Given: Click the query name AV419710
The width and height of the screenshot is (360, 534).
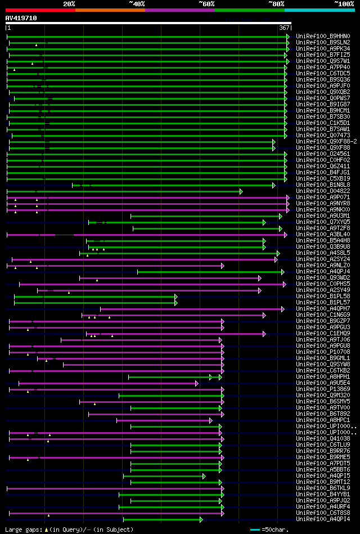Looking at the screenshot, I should pyautogui.click(x=21, y=18).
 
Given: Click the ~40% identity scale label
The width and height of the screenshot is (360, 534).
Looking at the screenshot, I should pyautogui.click(x=137, y=4).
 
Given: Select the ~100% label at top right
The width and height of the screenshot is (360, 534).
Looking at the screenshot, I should pyautogui.click(x=344, y=4).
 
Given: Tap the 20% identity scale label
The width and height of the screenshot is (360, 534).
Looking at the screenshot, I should pyautogui.click(x=69, y=4).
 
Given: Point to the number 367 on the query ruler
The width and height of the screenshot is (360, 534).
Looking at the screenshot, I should pyautogui.click(x=284, y=28).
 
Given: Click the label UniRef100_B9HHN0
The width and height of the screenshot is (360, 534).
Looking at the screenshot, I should pyautogui.click(x=323, y=36).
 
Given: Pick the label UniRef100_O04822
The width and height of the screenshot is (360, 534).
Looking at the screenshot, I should pyautogui.click(x=323, y=191).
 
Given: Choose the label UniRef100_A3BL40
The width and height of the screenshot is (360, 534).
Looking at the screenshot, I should pyautogui.click(x=323, y=234).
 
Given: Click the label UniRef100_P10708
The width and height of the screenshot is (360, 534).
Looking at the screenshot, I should pyautogui.click(x=323, y=352).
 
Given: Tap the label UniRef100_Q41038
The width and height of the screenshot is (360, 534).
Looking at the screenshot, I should pyautogui.click(x=323, y=438).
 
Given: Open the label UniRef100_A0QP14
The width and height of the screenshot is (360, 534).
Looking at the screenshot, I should pyautogui.click(x=323, y=519).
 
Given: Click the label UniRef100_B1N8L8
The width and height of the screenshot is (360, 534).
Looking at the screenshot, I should pyautogui.click(x=323, y=185).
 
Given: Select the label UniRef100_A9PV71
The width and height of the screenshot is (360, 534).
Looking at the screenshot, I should pyautogui.click(x=323, y=197).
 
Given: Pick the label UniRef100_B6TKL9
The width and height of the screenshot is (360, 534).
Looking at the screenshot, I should pyautogui.click(x=323, y=488).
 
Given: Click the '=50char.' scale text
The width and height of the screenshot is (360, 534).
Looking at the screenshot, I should pyautogui.click(x=275, y=529).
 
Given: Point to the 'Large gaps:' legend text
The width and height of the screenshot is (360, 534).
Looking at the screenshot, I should pyautogui.click(x=22, y=529).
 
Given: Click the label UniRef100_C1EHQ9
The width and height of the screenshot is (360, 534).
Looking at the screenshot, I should pyautogui.click(x=323, y=333).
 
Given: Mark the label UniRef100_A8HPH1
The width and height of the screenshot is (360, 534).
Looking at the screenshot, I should pyautogui.click(x=323, y=376).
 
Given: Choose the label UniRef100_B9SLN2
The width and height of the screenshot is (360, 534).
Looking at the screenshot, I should pyautogui.click(x=323, y=42).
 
